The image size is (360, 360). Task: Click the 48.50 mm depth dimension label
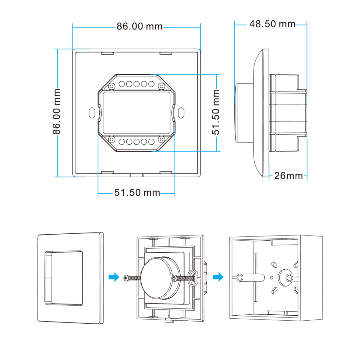(x=272, y=24)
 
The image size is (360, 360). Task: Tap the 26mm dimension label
(x=288, y=176)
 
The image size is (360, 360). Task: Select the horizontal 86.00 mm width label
(x=139, y=26)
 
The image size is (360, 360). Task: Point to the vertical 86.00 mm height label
(x=56, y=112)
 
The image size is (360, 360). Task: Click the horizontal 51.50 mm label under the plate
(x=137, y=193)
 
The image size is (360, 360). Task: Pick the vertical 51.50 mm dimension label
(x=216, y=112)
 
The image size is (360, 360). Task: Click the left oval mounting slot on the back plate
(x=92, y=113)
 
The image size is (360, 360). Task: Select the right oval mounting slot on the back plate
(x=181, y=113)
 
